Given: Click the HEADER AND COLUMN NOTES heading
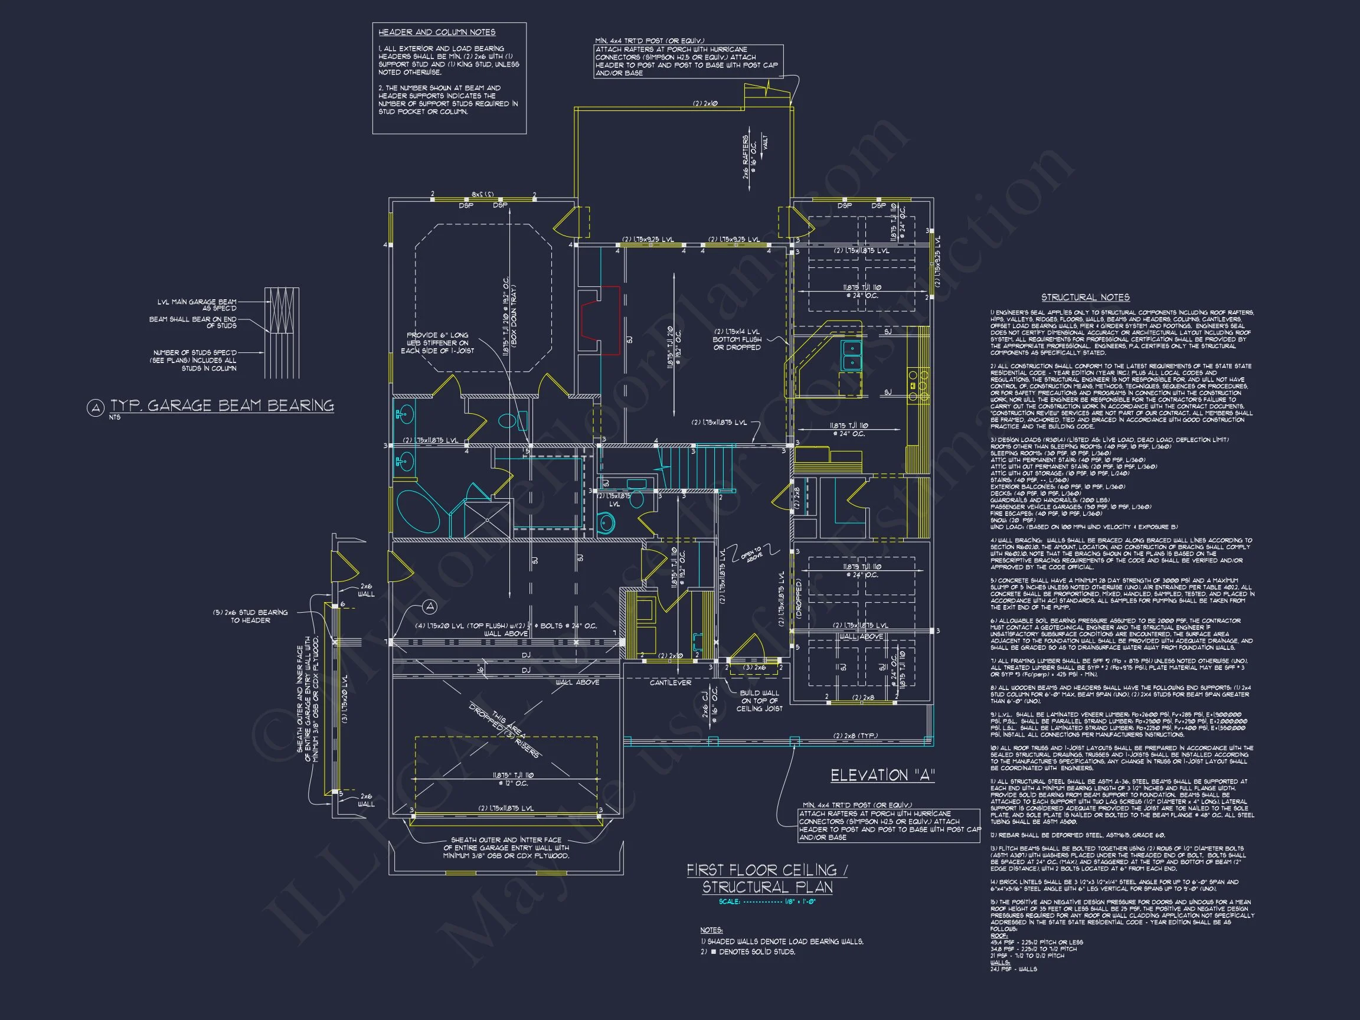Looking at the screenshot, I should tap(437, 32).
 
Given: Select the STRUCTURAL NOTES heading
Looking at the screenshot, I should tap(1085, 297).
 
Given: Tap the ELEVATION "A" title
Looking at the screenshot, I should tap(882, 776).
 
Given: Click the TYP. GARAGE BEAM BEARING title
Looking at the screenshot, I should tap(222, 406).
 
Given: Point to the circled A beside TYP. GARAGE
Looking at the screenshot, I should tap(94, 408).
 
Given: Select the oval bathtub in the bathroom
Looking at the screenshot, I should tap(418, 511).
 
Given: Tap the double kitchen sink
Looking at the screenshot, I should tap(852, 355).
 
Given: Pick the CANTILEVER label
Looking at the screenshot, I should tap(670, 682).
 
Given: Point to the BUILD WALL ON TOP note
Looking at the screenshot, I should tap(759, 700).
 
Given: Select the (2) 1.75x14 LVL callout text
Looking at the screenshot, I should tap(737, 339).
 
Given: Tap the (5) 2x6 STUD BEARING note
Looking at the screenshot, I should tap(259, 616).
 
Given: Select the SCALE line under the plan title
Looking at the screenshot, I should tap(767, 902).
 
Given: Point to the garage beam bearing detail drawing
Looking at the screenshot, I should tap(282, 333).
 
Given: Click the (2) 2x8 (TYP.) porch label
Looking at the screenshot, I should tap(855, 736).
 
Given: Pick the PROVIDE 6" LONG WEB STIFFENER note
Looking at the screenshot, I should tap(437, 343).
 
